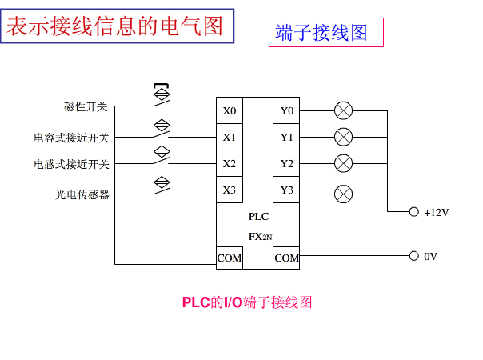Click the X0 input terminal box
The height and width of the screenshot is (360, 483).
[230, 110]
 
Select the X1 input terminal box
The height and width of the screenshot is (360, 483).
[230, 137]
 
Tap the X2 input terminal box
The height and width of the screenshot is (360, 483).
[230, 163]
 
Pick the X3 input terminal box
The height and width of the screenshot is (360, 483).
[230, 190]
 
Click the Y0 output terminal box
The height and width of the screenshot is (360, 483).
[286, 110]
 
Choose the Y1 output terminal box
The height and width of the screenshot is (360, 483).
[286, 137]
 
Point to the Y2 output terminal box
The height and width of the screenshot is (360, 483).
[286, 163]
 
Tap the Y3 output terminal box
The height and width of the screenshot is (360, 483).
[286, 190]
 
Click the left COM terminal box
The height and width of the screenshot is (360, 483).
[230, 258]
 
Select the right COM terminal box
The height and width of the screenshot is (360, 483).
[286, 258]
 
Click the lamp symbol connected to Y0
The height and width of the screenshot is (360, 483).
[343, 110]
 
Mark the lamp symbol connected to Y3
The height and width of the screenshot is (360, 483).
[343, 193]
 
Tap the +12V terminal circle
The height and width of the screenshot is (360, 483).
[413, 212]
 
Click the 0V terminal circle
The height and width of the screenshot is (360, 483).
[413, 256]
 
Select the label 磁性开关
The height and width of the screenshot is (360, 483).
[86, 107]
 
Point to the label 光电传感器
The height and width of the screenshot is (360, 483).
[82, 194]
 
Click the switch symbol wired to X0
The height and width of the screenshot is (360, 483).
[162, 95]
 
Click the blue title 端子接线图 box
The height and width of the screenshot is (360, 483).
[325, 33]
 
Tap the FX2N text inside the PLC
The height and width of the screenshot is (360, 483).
[260, 236]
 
